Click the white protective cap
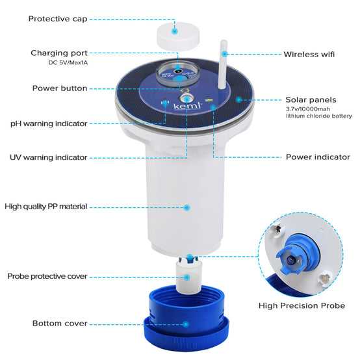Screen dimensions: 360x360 click(x=178, y=36)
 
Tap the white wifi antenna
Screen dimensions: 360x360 click(x=223, y=64)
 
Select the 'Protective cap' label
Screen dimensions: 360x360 click(x=58, y=19)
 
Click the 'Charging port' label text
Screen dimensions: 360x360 click(x=59, y=53)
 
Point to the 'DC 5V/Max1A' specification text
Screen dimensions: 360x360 click(x=68, y=62)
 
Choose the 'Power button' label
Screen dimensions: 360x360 click(x=60, y=88)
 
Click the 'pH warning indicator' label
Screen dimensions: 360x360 click(x=49, y=123)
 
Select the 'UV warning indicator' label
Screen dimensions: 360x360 click(x=49, y=157)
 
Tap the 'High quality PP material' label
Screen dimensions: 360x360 click(x=46, y=207)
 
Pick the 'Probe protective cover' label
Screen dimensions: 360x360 click(x=47, y=276)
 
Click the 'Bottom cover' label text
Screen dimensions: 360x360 click(x=60, y=323)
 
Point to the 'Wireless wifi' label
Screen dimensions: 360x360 click(x=309, y=55)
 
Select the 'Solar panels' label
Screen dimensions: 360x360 click(x=311, y=100)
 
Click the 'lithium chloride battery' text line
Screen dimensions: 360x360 click(x=319, y=116)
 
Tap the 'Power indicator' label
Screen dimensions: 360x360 click(x=318, y=157)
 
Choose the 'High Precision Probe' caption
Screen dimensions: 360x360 click(x=302, y=306)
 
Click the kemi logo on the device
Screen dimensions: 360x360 click(x=187, y=107)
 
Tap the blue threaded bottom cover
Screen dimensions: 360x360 click(x=186, y=319)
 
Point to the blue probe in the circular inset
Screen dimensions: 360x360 click(x=296, y=253)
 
